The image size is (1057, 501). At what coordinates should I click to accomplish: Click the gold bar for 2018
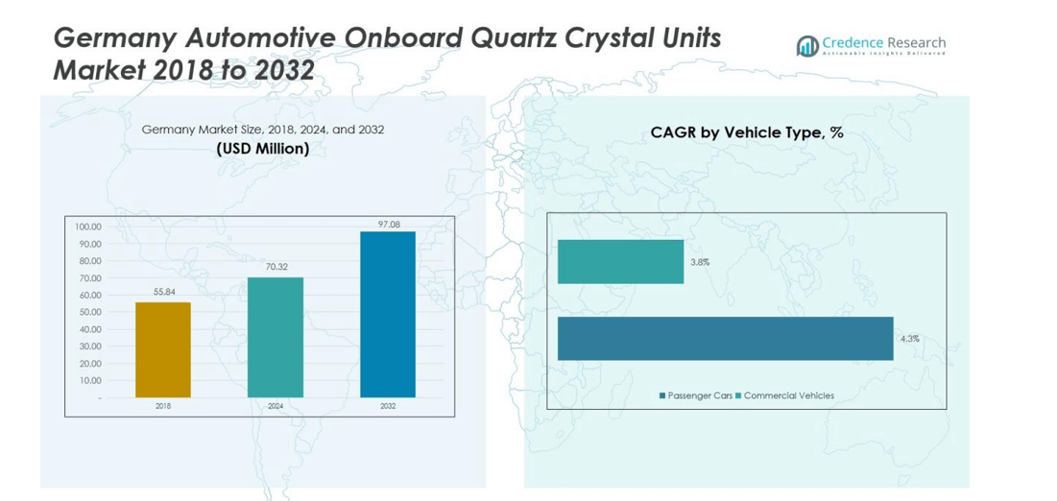162,349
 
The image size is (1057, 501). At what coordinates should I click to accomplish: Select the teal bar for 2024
276,337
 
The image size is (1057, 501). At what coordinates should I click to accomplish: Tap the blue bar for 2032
388,314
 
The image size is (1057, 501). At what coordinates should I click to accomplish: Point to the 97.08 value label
388,224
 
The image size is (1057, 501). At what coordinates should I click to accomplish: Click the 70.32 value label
276,267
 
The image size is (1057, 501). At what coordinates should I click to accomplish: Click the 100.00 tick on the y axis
88,227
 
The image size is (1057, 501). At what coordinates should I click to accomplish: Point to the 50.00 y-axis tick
88,312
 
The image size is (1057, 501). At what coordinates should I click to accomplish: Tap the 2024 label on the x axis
276,406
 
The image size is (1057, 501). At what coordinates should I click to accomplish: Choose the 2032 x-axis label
388,406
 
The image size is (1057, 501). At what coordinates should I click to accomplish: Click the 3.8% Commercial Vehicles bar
620,262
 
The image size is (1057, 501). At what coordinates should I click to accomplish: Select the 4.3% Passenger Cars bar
725,338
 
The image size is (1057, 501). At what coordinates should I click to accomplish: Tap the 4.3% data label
909,339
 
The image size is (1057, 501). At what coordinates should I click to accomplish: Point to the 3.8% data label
699,262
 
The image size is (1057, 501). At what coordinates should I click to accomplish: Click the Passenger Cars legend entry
696,395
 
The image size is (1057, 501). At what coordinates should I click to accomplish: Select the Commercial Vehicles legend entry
784,395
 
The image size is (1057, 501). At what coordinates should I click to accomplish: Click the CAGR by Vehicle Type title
746,132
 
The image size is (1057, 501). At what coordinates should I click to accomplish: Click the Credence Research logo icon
807,45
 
